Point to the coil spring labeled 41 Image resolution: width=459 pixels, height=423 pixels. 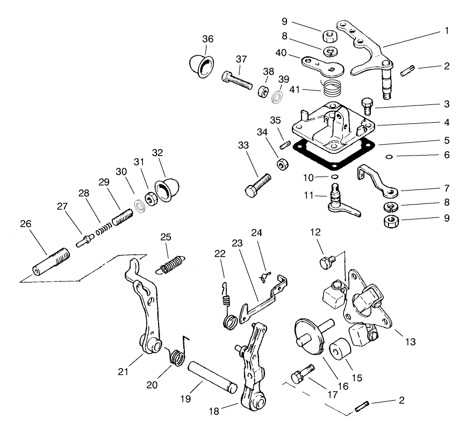click(331, 87)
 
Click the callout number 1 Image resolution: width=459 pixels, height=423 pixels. click(445, 31)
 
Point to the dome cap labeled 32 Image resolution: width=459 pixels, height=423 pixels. click(164, 191)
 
